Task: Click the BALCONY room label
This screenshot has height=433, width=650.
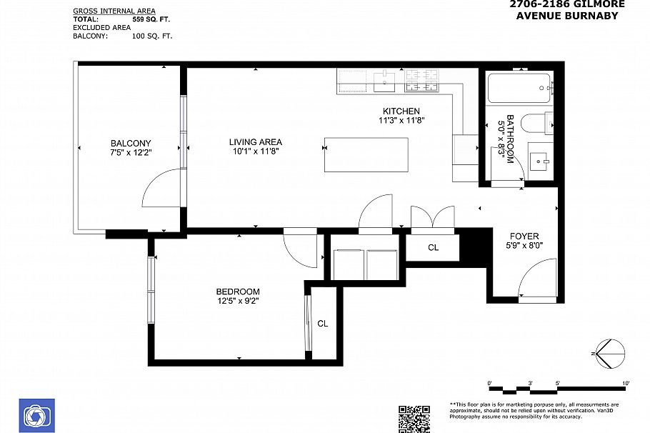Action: click(x=131, y=143)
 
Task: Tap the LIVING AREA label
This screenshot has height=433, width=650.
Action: click(x=255, y=141)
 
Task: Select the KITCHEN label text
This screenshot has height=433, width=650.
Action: click(x=401, y=111)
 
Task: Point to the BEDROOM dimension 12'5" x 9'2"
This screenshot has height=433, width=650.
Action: click(x=237, y=302)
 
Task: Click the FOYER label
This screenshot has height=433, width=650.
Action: click(x=524, y=236)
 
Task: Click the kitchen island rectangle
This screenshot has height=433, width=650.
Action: click(x=366, y=154)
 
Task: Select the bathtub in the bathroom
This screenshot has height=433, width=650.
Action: click(x=519, y=89)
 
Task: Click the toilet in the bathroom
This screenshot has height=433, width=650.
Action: click(x=536, y=123)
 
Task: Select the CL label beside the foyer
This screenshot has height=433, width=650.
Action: click(x=433, y=248)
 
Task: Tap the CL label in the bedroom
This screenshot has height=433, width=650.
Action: click(x=322, y=324)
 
